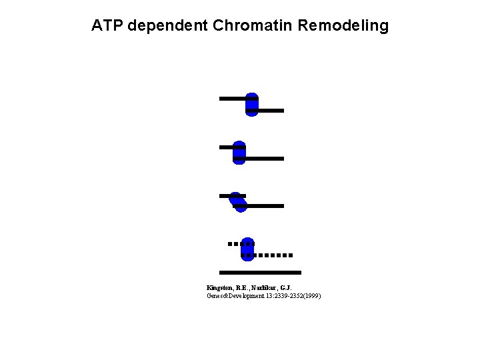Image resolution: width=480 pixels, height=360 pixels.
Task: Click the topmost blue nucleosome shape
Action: click(251, 105)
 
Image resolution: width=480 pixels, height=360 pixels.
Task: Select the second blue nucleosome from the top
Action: click(239, 153)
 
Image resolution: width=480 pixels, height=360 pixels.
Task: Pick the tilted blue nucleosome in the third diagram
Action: click(237, 201)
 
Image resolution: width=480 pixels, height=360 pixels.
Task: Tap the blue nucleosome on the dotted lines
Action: click(247, 249)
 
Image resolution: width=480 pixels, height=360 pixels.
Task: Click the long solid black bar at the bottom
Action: click(260, 273)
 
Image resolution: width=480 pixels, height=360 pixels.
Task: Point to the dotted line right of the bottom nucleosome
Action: click(273, 255)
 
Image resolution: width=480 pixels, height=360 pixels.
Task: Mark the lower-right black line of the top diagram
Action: click(271, 110)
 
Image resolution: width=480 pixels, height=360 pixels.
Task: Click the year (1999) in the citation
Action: click(311, 295)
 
